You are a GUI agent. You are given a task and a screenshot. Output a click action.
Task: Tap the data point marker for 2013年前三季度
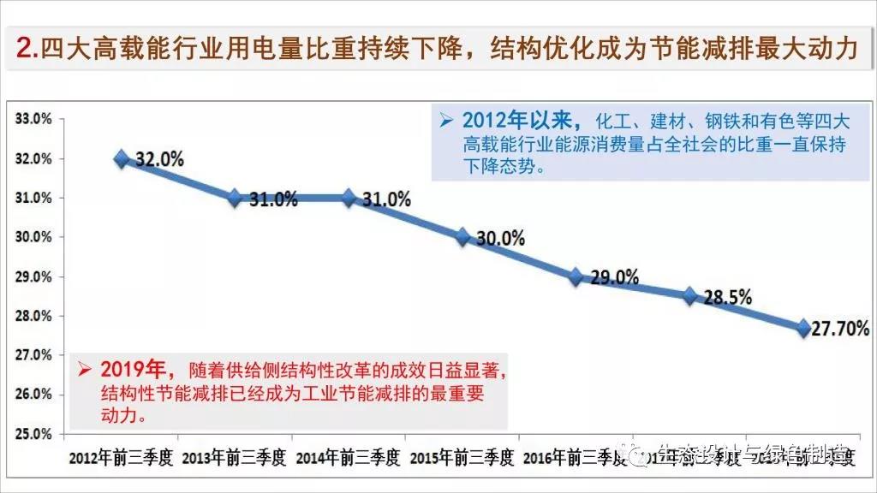pyautogui.click(x=235, y=198)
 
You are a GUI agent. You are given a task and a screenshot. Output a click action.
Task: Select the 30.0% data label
pyautogui.click(x=500, y=239)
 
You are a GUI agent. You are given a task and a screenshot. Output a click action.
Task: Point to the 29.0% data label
pyautogui.click(x=615, y=277)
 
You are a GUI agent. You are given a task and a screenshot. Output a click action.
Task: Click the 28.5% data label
pyautogui.click(x=728, y=298)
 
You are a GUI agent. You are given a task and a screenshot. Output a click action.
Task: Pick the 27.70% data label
pyautogui.click(x=843, y=328)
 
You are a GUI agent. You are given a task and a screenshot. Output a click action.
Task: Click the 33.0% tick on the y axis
pyautogui.click(x=34, y=119)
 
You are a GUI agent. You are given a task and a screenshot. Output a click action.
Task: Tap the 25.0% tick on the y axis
pyautogui.click(x=34, y=433)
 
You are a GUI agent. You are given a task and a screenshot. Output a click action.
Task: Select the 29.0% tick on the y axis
pyautogui.click(x=34, y=276)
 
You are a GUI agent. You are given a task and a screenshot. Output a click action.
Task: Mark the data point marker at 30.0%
pyautogui.click(x=462, y=237)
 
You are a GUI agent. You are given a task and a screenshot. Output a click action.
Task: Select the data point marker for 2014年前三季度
pyautogui.click(x=349, y=198)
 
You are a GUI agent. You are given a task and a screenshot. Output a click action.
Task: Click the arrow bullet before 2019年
pyautogui.click(x=84, y=370)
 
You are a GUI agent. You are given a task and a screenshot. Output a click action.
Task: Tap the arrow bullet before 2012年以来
pyautogui.click(x=445, y=120)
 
